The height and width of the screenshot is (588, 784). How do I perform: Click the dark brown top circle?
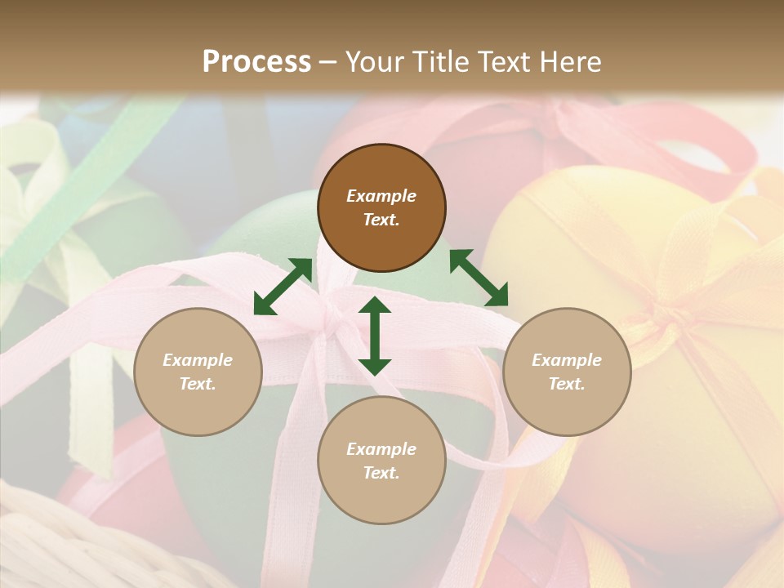click(x=381, y=207)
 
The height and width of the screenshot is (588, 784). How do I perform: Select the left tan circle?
click(x=198, y=372)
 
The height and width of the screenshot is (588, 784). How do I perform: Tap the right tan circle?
click(x=567, y=372)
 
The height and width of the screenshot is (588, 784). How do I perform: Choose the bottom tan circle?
click(x=381, y=461)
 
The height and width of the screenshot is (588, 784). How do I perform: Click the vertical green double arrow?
click(x=375, y=336)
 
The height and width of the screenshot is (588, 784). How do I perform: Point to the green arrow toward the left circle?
click(x=283, y=287)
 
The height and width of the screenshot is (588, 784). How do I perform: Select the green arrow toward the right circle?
click(x=479, y=278)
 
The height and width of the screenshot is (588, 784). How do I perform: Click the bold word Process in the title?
click(x=256, y=61)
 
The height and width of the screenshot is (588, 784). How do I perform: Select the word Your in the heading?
click(x=372, y=61)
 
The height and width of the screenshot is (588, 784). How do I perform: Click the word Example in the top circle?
click(x=381, y=196)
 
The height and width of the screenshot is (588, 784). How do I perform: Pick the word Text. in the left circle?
click(x=198, y=384)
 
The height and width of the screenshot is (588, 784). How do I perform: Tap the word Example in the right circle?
click(x=567, y=360)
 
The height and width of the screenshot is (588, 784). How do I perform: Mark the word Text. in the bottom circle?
click(x=381, y=473)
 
